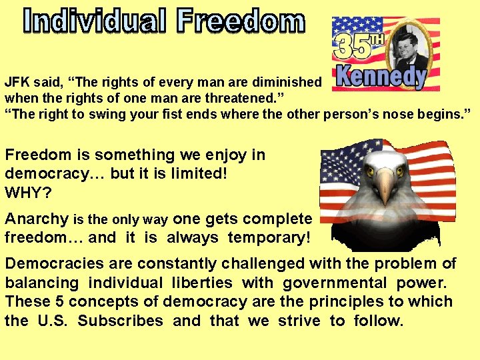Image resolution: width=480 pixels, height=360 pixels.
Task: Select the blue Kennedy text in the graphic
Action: pyautogui.click(x=380, y=77)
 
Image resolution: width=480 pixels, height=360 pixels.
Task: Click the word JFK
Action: pyautogui.click(x=19, y=82)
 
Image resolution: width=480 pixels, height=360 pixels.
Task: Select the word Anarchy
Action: pyautogui.click(x=37, y=219)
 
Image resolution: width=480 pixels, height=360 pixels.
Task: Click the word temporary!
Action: pyautogui.click(x=269, y=237)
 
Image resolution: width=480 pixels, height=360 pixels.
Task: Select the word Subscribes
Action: pyautogui.click(x=120, y=321)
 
